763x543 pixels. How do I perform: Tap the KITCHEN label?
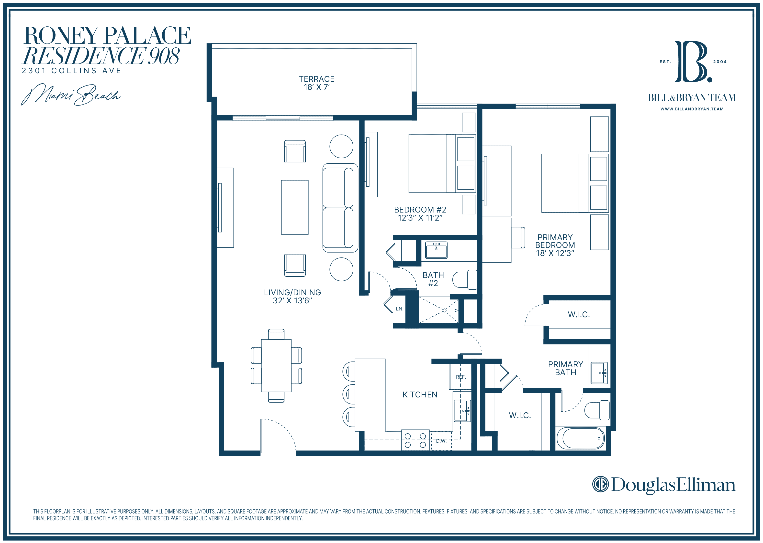(x=420, y=395)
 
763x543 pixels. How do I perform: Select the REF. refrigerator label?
(x=461, y=377)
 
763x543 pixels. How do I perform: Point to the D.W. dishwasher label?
(x=441, y=441)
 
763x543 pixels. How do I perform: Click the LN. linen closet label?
(x=400, y=309)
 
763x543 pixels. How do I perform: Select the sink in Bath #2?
(x=436, y=250)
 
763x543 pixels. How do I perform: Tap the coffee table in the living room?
(x=294, y=207)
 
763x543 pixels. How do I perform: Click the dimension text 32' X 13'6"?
(x=292, y=301)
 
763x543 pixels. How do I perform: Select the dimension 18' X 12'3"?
(x=555, y=254)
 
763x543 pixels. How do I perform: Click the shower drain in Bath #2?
(x=444, y=311)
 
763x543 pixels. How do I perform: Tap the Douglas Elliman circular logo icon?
(x=600, y=484)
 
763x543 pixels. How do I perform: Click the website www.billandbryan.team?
(x=692, y=109)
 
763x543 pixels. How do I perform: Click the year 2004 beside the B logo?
(x=720, y=62)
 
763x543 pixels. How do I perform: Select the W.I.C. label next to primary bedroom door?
(x=579, y=315)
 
